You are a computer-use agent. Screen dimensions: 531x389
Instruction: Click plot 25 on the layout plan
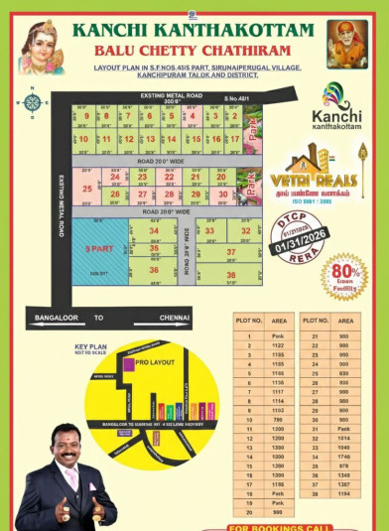click(87, 188)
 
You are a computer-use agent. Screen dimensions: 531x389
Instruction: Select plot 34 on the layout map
click(153, 231)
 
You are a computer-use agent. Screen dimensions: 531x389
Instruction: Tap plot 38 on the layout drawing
click(230, 275)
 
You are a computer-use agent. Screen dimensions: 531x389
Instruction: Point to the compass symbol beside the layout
click(33, 101)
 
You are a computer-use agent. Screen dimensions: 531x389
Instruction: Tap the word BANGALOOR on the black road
click(57, 318)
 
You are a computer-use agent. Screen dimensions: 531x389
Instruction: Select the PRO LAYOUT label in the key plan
click(155, 362)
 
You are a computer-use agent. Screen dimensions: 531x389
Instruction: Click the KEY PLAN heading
click(90, 347)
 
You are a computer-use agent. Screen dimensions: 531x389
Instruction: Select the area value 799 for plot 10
click(278, 419)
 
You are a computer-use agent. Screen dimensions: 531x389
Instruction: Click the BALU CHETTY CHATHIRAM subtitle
click(193, 49)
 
